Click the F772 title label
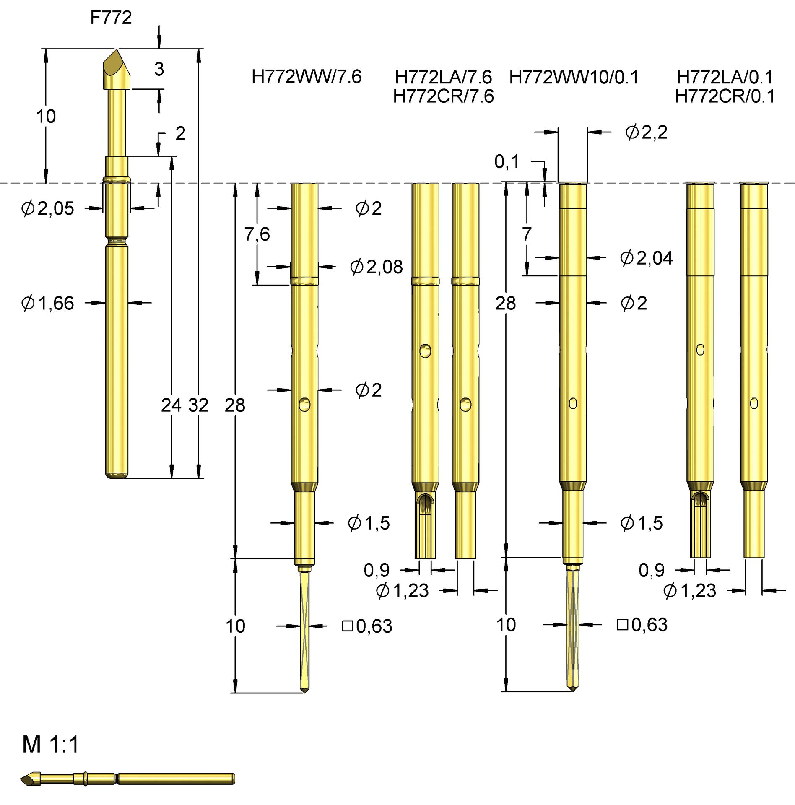pos(111,18)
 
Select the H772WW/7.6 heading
pos(306,77)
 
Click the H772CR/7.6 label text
pos(443,96)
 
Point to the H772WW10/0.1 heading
pos(573,77)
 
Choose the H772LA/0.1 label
pos(724,77)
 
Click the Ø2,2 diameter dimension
pos(646,132)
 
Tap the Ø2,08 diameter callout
pos(376,267)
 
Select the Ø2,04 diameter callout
pos(646,258)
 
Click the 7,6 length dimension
pos(257,234)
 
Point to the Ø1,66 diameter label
pos(47,303)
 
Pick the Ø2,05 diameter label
pos(47,208)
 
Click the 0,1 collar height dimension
pos(507,161)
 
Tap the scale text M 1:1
pos(51,745)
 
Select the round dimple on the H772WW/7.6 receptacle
pos(304,405)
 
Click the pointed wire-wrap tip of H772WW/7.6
pos(305,688)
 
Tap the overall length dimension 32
pos(198,405)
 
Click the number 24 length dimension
pos(171,405)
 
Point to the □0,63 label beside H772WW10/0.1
pos(642,625)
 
